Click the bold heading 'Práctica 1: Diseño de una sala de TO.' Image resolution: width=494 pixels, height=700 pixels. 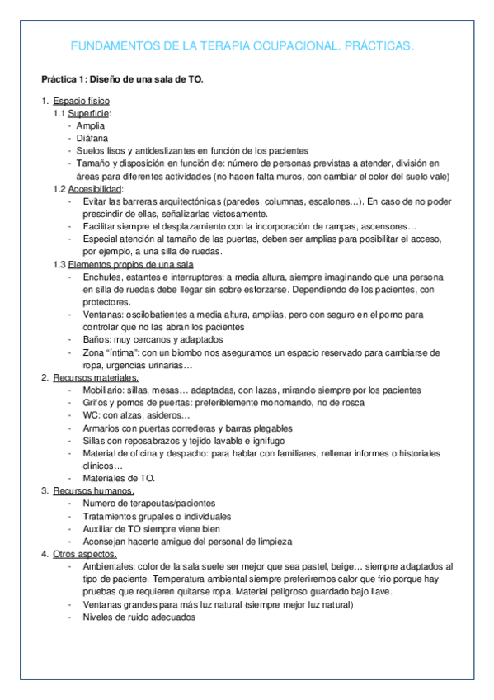[x=122, y=79]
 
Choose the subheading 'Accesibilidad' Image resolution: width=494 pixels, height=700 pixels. [x=95, y=188]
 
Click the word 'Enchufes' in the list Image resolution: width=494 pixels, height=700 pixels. [x=101, y=278]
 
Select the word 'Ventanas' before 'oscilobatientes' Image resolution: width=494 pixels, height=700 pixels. [x=101, y=315]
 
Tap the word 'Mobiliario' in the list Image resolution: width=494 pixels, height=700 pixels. [x=105, y=390]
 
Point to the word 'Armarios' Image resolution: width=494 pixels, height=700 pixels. [x=101, y=428]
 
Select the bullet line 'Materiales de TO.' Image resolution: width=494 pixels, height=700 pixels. [x=119, y=478]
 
